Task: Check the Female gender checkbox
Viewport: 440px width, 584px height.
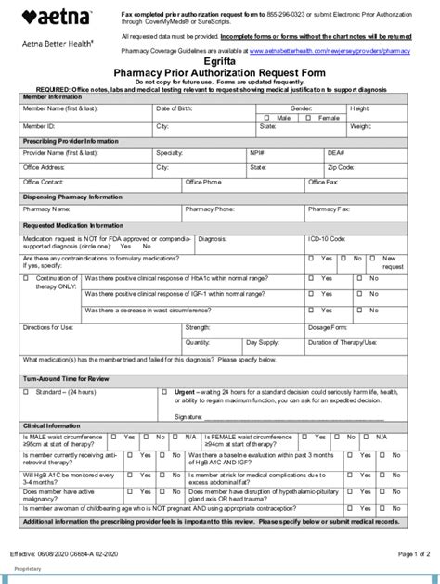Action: click(x=313, y=118)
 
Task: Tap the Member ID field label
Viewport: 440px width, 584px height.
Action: click(x=39, y=126)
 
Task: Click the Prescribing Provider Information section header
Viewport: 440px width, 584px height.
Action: click(x=71, y=140)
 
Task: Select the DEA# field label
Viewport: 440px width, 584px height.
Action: click(x=337, y=152)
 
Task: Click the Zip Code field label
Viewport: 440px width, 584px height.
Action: click(x=341, y=168)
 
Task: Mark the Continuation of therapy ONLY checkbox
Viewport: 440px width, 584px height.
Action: click(x=27, y=278)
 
